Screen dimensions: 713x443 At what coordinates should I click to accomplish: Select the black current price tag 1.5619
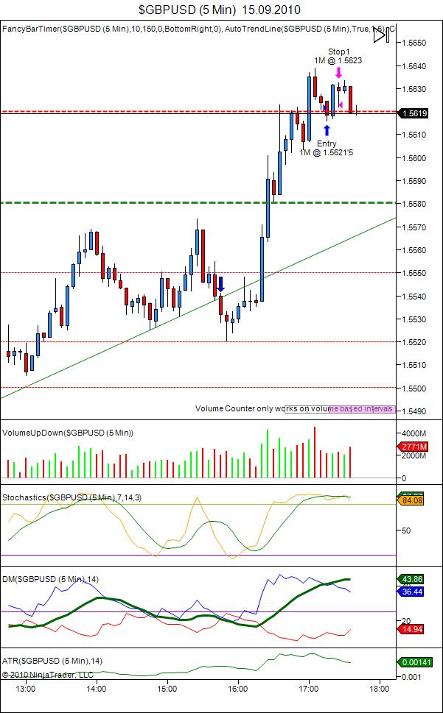point(414,113)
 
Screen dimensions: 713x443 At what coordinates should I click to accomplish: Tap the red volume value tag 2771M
point(414,447)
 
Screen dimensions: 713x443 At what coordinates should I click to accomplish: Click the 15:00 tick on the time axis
point(167,689)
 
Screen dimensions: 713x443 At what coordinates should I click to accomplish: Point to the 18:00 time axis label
point(379,689)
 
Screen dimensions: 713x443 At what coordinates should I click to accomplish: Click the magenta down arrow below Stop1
point(338,73)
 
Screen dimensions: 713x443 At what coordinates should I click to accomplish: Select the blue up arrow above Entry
point(327,130)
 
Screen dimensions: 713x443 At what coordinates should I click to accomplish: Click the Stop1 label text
point(339,52)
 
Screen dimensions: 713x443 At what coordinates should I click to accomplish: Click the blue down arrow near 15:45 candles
point(220,284)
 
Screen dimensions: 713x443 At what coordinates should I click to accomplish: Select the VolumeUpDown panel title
point(69,433)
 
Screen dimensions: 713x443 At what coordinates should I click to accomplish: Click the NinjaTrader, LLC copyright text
point(47,674)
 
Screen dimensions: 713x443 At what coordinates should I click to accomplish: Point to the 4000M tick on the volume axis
point(414,433)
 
